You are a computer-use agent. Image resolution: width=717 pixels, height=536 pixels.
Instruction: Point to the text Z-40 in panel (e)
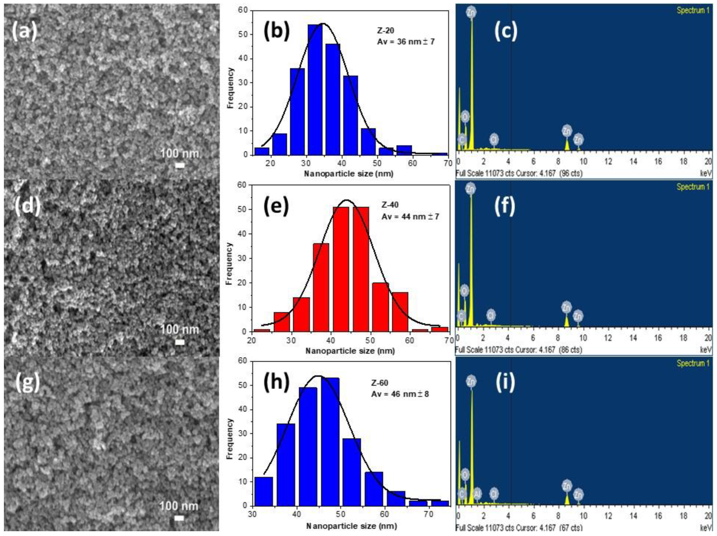(390, 205)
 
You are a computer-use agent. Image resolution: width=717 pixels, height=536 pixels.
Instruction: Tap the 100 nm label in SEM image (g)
(179, 506)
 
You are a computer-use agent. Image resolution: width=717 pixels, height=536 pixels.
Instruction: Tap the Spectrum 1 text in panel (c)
(693, 11)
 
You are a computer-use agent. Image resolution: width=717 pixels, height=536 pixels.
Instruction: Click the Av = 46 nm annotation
(400, 394)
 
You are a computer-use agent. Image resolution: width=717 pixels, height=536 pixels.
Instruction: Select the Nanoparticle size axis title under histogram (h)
(351, 526)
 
